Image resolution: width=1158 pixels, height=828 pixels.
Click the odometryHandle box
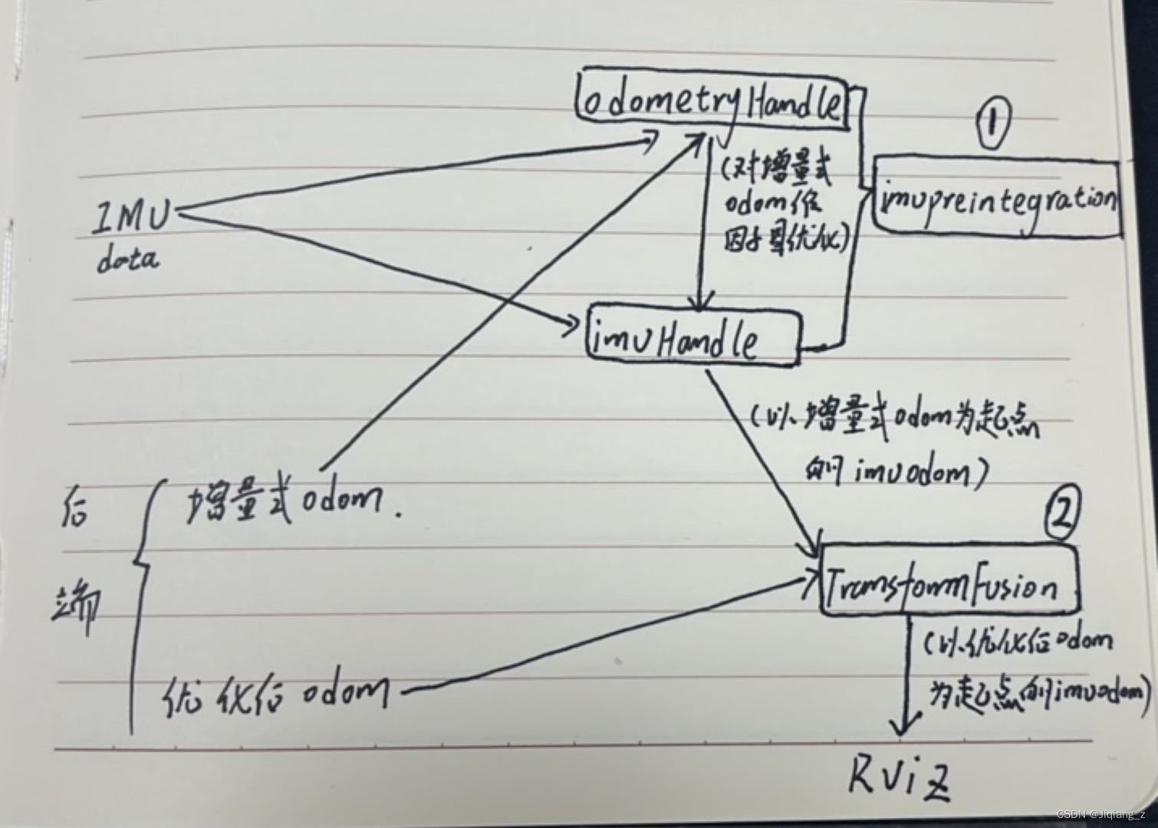pyautogui.click(x=712, y=103)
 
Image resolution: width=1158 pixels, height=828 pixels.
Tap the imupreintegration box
pyautogui.click(x=997, y=197)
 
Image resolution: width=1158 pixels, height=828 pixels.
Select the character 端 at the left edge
pyautogui.click(x=77, y=606)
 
